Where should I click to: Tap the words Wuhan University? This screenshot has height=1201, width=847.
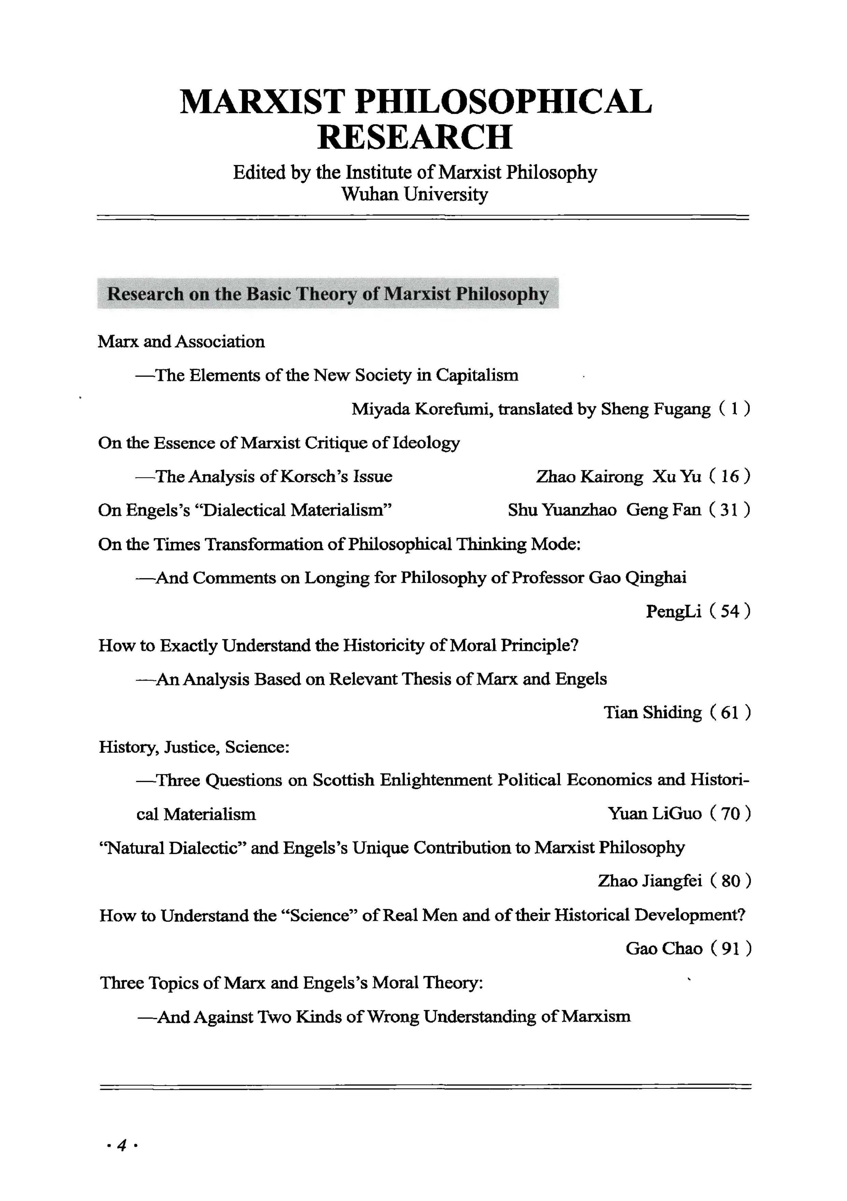(x=414, y=194)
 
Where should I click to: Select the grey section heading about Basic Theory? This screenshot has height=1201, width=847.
(x=328, y=294)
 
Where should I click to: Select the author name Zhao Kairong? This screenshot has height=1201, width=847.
(x=590, y=476)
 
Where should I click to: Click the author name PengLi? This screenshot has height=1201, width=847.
(x=673, y=611)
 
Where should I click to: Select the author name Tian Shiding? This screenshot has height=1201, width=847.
(x=652, y=713)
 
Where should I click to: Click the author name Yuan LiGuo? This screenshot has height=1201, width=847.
(x=654, y=814)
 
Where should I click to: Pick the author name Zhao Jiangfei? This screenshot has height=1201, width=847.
(x=650, y=881)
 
